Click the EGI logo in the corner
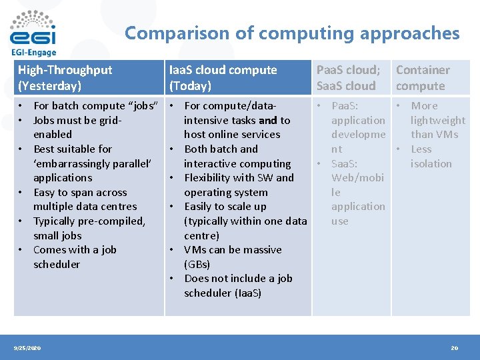[x=33, y=28]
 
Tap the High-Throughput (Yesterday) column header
[x=65, y=77]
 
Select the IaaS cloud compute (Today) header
[x=223, y=77]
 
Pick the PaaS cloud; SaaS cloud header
[x=348, y=77]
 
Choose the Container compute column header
[x=423, y=77]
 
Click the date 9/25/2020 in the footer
[x=27, y=348]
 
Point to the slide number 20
[x=454, y=348]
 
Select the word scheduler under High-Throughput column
[x=57, y=264]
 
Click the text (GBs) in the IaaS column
[x=197, y=264]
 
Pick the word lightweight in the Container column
[x=438, y=120]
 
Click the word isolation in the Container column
[x=431, y=163]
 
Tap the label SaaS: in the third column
[x=345, y=163]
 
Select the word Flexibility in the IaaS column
[x=211, y=177]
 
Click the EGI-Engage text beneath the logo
[x=33, y=51]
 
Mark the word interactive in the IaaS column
[x=211, y=163]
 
